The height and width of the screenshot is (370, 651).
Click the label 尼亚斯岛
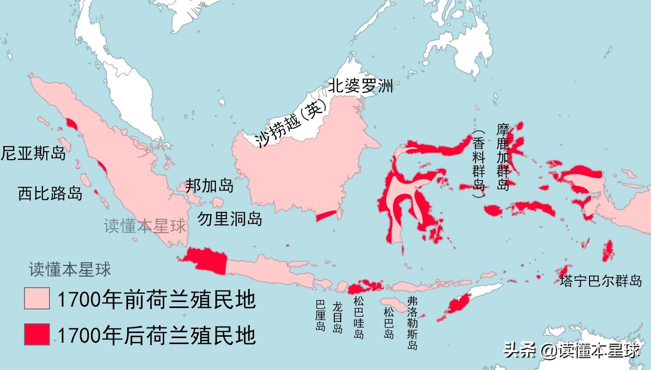33,153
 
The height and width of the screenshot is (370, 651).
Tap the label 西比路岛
50,193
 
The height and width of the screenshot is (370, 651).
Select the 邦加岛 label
209,185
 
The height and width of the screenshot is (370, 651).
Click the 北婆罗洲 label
360,86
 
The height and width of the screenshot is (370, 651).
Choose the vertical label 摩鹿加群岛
503,157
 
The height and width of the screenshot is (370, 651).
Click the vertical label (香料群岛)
479,164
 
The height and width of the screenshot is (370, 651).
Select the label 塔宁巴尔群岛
601,280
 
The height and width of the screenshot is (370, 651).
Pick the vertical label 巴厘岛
320,315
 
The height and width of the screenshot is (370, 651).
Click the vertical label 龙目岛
338,317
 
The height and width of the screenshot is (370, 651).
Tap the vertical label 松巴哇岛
358,318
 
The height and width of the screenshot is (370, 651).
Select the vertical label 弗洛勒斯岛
412,323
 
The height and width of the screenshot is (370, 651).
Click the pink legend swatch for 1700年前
37,298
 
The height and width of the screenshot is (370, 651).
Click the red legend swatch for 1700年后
37,334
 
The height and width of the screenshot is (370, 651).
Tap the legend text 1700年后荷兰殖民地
156,334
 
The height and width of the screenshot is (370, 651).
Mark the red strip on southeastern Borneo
326,216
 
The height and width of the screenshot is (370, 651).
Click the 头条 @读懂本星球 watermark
571,350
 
